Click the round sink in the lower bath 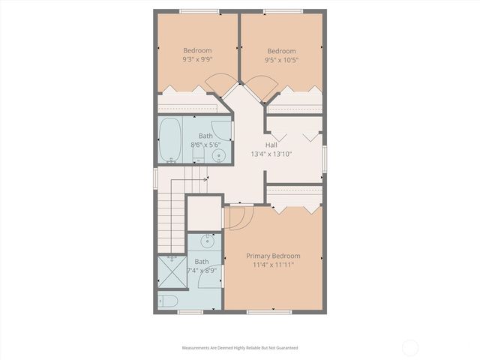click(x=206, y=243)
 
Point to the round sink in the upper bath click(x=219, y=155)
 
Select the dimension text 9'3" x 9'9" click(x=196, y=58)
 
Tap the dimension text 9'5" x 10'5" click(x=281, y=58)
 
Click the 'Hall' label click(x=271, y=145)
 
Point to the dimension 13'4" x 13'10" click(x=271, y=154)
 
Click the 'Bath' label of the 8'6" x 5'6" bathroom click(x=205, y=135)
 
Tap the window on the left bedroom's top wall click(x=199, y=10)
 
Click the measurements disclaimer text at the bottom click(x=240, y=347)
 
